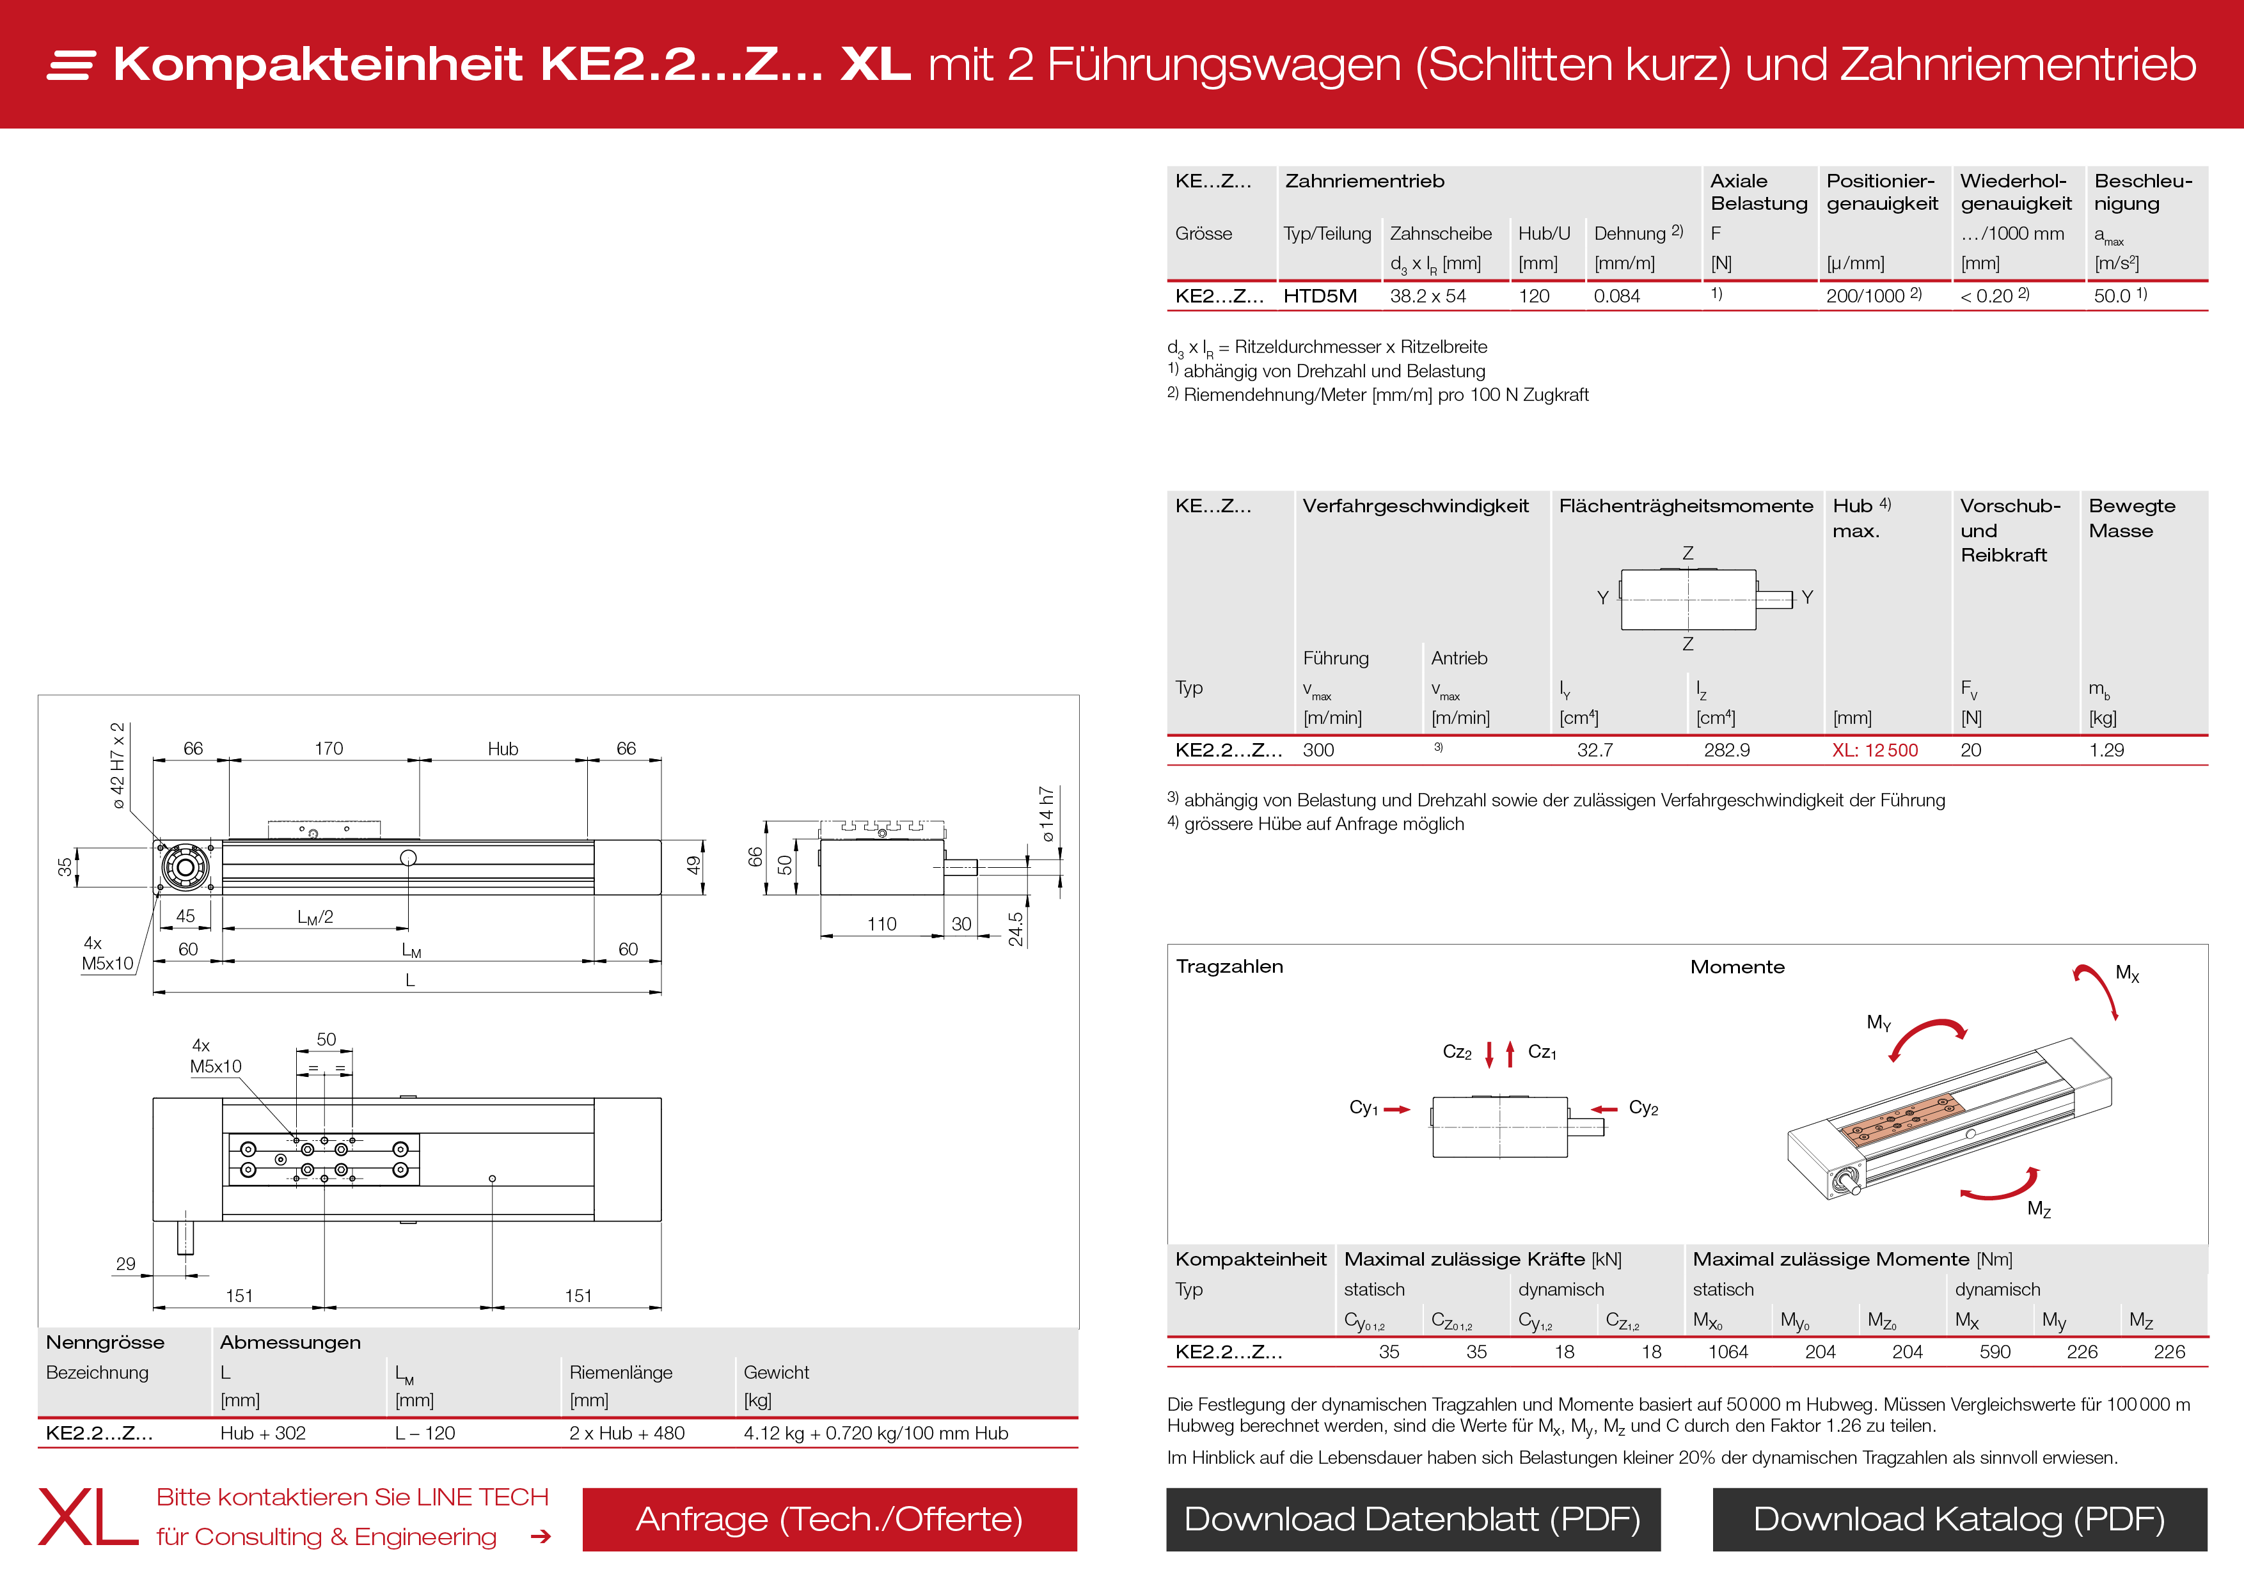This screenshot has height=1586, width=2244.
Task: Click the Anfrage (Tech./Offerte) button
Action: tap(829, 1519)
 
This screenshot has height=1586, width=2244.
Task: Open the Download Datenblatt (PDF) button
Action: tap(1412, 1519)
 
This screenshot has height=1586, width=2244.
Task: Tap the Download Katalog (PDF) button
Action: tap(1959, 1519)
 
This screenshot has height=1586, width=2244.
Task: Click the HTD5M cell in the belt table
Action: tap(1320, 296)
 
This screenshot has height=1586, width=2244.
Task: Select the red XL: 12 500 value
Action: tap(1874, 751)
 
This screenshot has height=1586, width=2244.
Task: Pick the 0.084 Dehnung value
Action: tap(1616, 296)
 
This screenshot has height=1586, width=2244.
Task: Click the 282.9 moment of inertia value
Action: tap(1726, 751)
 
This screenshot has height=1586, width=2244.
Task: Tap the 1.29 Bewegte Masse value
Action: tap(2106, 751)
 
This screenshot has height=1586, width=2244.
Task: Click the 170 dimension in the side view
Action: tap(328, 748)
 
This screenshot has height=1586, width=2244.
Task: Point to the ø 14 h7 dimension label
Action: tap(1047, 813)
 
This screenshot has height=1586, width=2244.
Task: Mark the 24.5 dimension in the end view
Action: tap(1015, 929)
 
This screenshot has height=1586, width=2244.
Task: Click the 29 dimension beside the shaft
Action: tap(125, 1264)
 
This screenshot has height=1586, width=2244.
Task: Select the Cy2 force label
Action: tap(1643, 1108)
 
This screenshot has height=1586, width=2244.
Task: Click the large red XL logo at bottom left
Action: tap(88, 1518)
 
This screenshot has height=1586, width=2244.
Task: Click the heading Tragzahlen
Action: tap(1229, 966)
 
